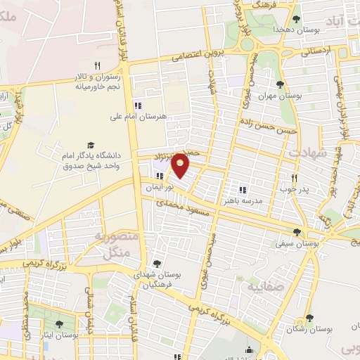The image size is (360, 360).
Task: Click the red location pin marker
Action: tap(181, 165)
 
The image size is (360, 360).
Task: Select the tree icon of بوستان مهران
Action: tap(281, 84)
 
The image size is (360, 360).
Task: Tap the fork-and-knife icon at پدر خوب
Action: tap(295, 178)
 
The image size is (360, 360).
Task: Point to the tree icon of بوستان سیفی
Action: tap(297, 231)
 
